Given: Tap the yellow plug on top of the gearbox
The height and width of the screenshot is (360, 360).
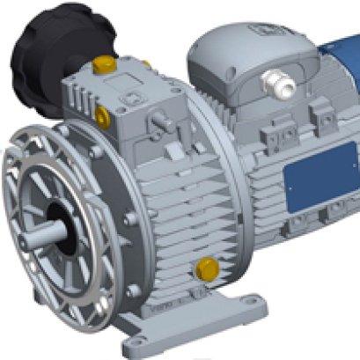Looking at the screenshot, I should [x=103, y=63].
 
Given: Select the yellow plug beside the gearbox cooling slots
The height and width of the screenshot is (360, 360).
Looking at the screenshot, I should [x=103, y=114].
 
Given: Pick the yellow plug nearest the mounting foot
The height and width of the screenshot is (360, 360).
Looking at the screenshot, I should [x=209, y=268].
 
